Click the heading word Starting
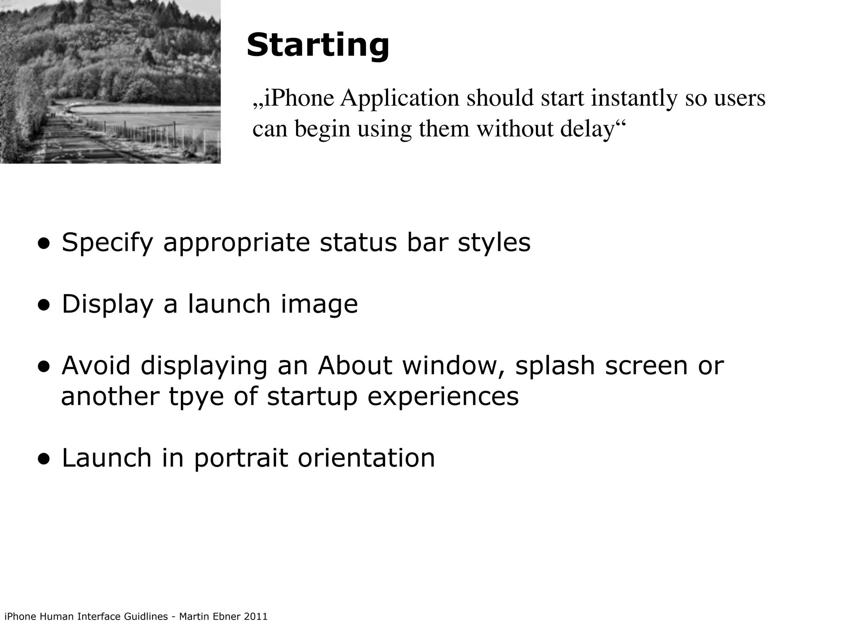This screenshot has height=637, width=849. coord(318,46)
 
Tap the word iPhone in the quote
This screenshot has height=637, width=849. coord(299,98)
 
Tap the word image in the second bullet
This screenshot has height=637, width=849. coord(319,305)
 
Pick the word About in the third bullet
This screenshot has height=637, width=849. coord(354,366)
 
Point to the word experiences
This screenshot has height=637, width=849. coord(443,397)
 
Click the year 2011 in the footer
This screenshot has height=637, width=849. coord(256,616)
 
